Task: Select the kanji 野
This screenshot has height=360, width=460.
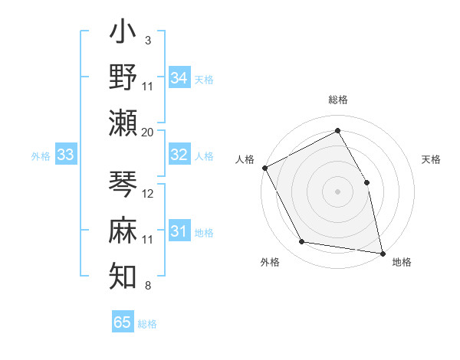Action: [123, 78]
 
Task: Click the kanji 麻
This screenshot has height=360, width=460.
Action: [123, 231]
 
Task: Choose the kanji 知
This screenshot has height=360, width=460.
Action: [123, 273]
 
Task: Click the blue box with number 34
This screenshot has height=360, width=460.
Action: [179, 78]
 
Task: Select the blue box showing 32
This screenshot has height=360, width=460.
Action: [179, 155]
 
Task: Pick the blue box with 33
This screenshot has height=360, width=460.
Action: [66, 155]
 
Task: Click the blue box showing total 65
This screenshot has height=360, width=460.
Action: [123, 322]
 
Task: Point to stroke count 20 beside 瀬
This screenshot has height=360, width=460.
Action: [148, 133]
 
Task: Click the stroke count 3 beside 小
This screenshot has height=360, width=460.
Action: [147, 39]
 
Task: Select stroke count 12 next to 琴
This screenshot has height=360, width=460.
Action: [148, 194]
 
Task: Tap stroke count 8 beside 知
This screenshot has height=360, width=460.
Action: [147, 286]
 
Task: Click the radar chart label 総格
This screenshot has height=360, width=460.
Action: [337, 100]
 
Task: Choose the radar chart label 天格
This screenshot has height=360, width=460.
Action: [431, 159]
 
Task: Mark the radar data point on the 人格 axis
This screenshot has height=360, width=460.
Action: [265, 168]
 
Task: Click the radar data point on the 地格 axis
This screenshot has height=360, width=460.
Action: [382, 252]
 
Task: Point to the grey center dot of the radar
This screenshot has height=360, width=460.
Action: [337, 191]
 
